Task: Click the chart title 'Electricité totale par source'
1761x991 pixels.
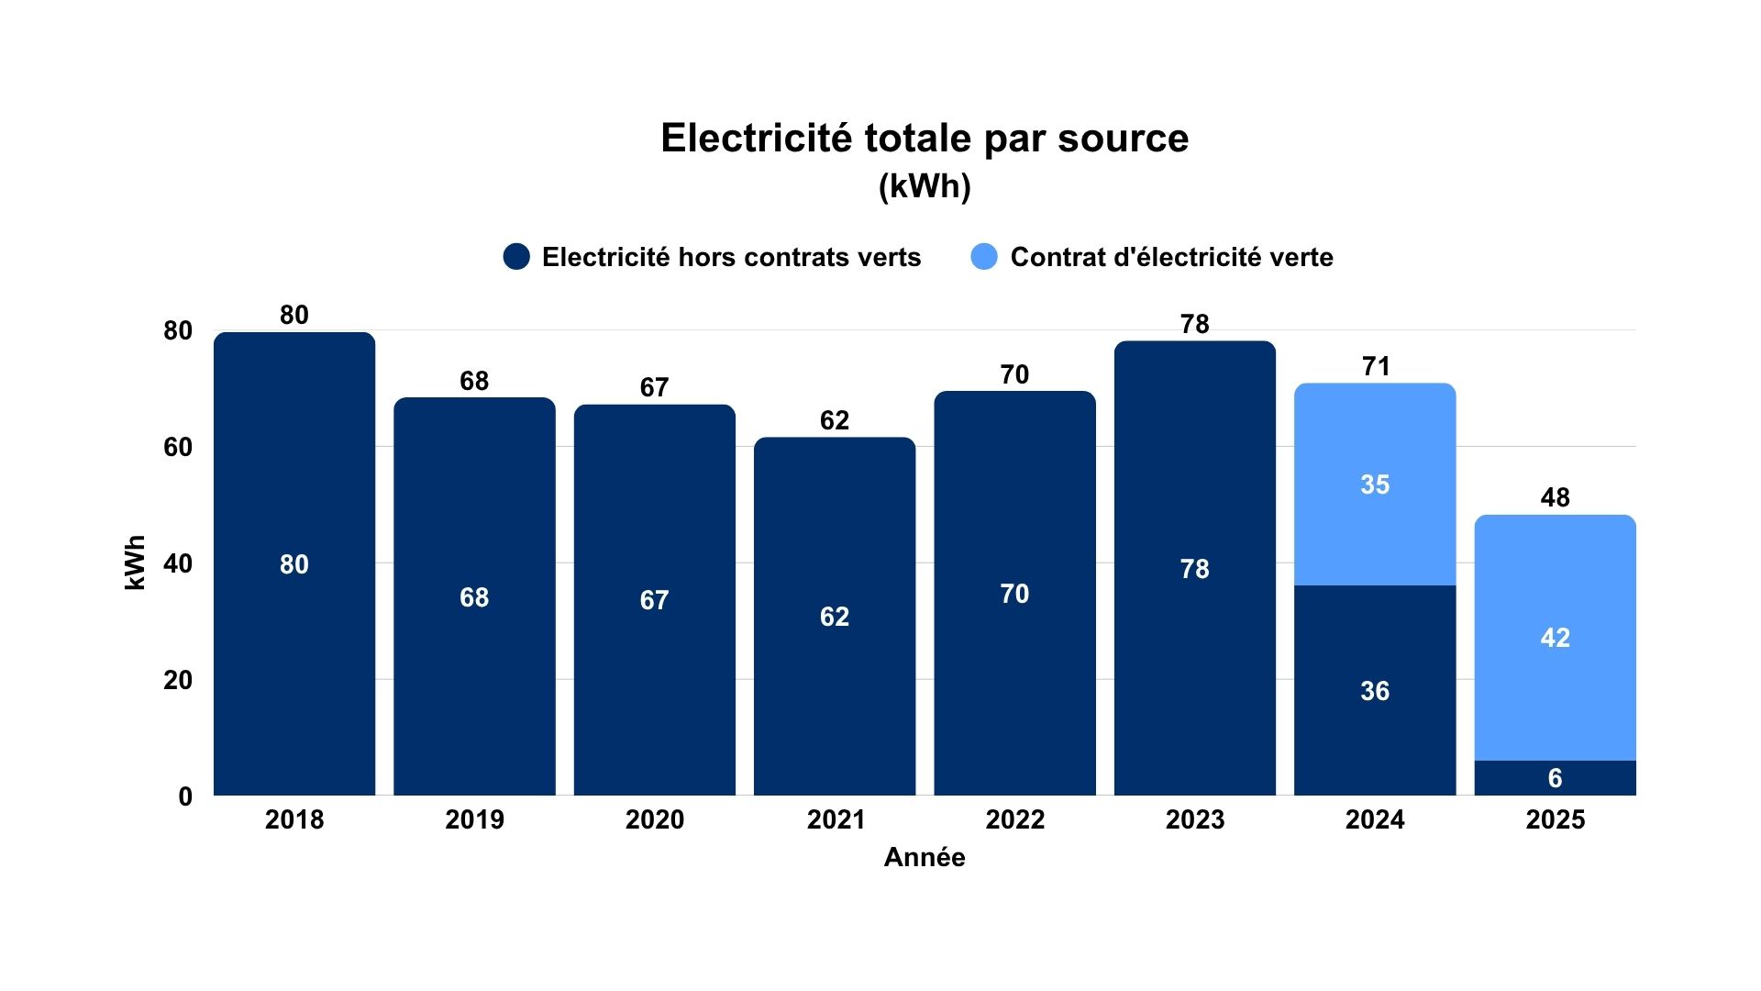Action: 925,139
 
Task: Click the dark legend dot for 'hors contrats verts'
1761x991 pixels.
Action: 516,257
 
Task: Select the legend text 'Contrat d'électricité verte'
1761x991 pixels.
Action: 1171,257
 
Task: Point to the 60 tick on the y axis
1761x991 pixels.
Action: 178,448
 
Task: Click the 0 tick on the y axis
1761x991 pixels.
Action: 185,796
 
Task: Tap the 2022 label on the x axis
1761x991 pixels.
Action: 1014,819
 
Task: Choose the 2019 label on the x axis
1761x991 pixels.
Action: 474,819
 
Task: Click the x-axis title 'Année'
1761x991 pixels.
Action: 925,857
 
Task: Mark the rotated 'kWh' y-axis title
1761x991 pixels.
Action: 135,562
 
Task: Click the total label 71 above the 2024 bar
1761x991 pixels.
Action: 1376,366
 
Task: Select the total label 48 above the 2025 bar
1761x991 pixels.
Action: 1555,497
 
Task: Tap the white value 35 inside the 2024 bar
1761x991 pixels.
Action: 1375,484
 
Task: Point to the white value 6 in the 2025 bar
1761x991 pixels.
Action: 1555,778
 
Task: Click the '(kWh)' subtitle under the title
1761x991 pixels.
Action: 925,186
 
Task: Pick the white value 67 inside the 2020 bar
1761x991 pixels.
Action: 654,600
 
